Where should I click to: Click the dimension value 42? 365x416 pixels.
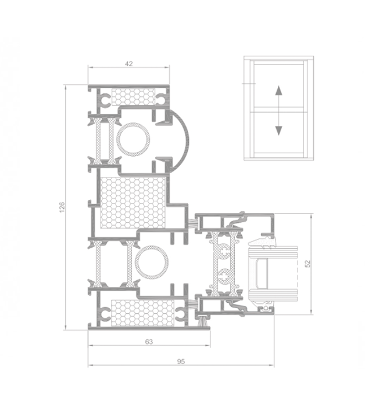[x=128, y=64]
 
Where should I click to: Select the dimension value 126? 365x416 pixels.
[x=62, y=207]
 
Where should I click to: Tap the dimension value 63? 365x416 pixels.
[x=149, y=342]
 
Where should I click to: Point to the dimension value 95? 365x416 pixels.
[x=181, y=361]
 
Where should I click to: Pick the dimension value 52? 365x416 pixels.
[x=307, y=264]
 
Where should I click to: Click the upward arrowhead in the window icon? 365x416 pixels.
[x=278, y=90]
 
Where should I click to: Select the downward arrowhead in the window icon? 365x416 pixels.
[x=278, y=131]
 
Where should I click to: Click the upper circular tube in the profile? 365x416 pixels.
[x=133, y=139]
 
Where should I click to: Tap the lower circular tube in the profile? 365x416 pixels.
[x=152, y=263]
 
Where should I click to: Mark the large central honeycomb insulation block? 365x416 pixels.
[x=133, y=202]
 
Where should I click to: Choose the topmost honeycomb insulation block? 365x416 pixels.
[x=134, y=96]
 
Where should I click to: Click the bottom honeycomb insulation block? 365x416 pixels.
[x=143, y=313]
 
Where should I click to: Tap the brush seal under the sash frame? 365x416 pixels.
[x=203, y=321]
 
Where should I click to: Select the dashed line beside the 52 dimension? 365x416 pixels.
[x=295, y=273]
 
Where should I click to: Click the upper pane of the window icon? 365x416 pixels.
[x=278, y=85]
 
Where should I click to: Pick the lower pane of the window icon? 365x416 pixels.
[x=278, y=132]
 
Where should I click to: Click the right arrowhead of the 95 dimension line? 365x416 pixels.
[x=271, y=366]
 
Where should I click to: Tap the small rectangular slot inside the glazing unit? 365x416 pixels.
[x=262, y=274]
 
